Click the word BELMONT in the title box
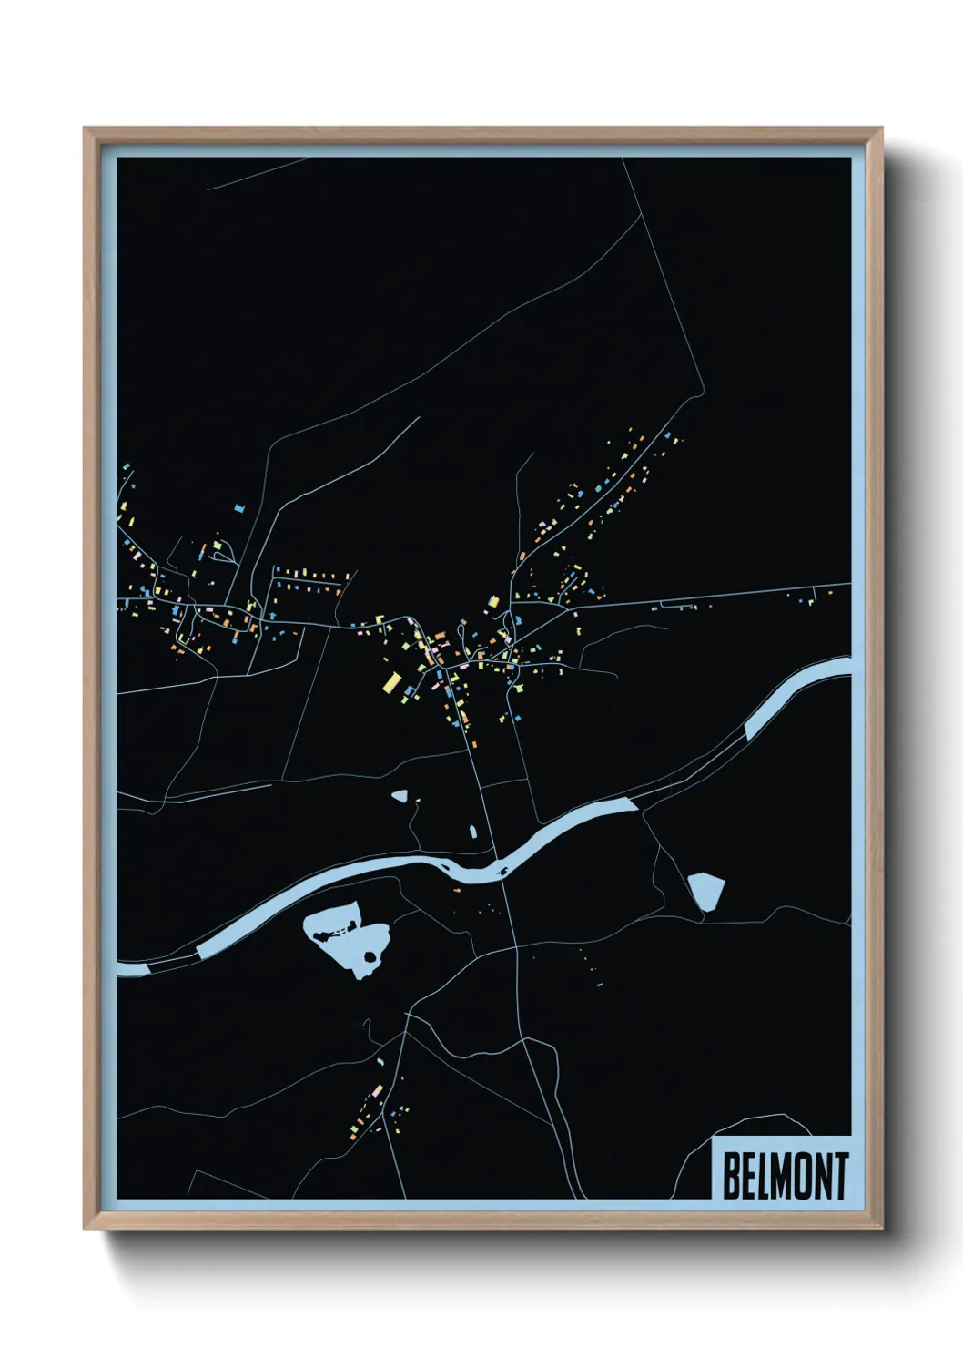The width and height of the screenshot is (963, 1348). click(785, 1175)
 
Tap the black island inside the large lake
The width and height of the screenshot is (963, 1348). click(370, 956)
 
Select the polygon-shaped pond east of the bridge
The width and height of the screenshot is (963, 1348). click(705, 890)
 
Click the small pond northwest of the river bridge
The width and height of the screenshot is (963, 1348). click(400, 795)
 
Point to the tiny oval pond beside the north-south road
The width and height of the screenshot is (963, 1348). click(473, 831)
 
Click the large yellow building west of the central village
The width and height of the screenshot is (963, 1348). click(392, 681)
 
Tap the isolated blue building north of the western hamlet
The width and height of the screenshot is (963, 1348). click(240, 507)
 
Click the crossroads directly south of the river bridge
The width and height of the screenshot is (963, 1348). click(515, 948)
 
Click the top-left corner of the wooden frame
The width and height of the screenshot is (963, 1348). click(85, 128)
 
